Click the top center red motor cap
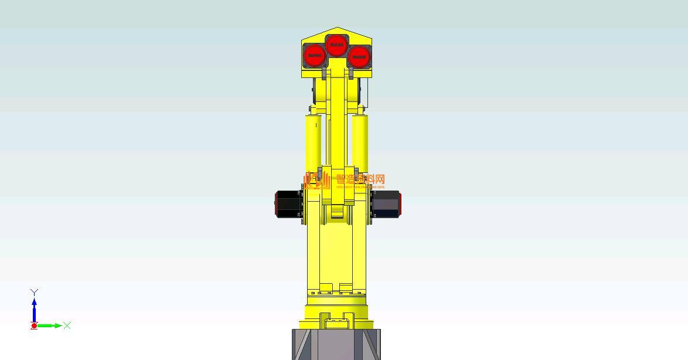tap(336, 44)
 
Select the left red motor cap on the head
tap(315, 56)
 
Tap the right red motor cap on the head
tap(358, 57)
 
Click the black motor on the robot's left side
tap(289, 203)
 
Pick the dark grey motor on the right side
tap(385, 204)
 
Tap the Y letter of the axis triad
tap(35, 292)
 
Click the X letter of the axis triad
tap(67, 325)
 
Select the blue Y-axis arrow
tap(35, 308)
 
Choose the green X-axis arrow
tap(51, 325)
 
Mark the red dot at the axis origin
tap(34, 326)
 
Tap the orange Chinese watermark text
tap(359, 179)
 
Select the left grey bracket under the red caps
tap(323, 73)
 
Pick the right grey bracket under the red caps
tap(351, 73)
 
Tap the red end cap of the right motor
tap(400, 204)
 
